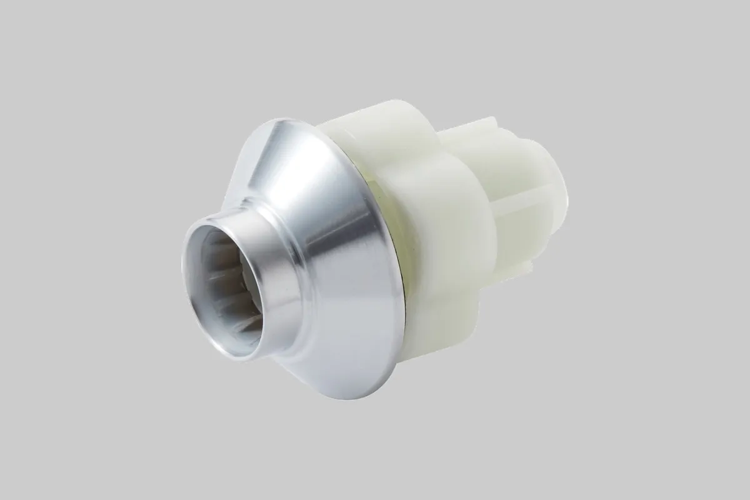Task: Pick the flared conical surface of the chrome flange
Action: click(337, 250)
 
